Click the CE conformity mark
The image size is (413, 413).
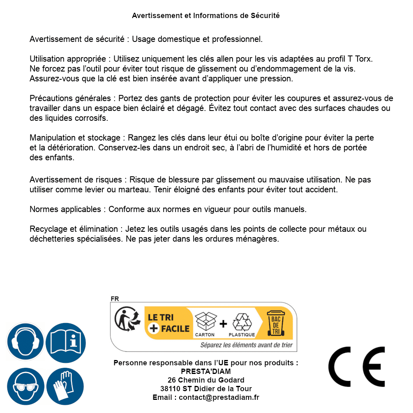click(356, 366)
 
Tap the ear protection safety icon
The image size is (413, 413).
click(25, 341)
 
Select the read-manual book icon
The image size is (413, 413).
click(65, 341)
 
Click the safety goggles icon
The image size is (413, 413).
click(25, 387)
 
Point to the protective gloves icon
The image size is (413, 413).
click(65, 387)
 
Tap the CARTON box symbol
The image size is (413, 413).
click(205, 322)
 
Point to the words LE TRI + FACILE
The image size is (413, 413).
click(168, 323)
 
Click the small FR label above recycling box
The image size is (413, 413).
click(115, 299)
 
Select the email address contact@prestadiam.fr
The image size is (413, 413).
click(219, 397)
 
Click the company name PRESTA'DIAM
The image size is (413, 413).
click(206, 371)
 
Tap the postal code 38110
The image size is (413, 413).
click(170, 389)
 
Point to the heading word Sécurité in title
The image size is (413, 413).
click(265, 16)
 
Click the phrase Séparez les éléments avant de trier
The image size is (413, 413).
click(247, 345)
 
